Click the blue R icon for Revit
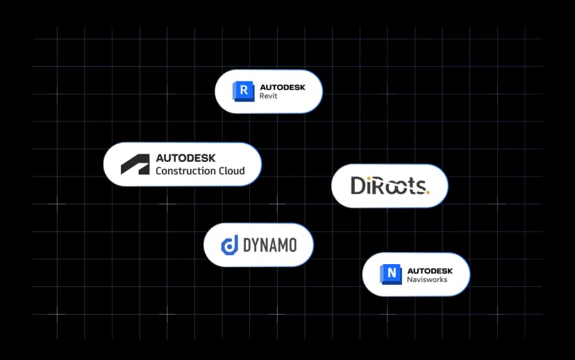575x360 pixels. pos(243,91)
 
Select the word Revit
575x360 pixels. pos(268,97)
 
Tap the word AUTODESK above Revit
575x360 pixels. pos(282,86)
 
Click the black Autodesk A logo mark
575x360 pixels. pos(135,164)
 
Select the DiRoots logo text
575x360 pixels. pos(390,186)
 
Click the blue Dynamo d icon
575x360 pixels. pos(229,245)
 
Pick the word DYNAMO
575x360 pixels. pos(270,245)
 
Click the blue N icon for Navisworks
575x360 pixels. pos(391,274)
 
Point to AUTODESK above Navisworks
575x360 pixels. pos(430,270)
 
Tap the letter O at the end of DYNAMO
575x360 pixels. pos(291,245)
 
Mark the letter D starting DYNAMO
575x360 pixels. pos(248,245)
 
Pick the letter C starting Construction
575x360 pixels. pos(160,171)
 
